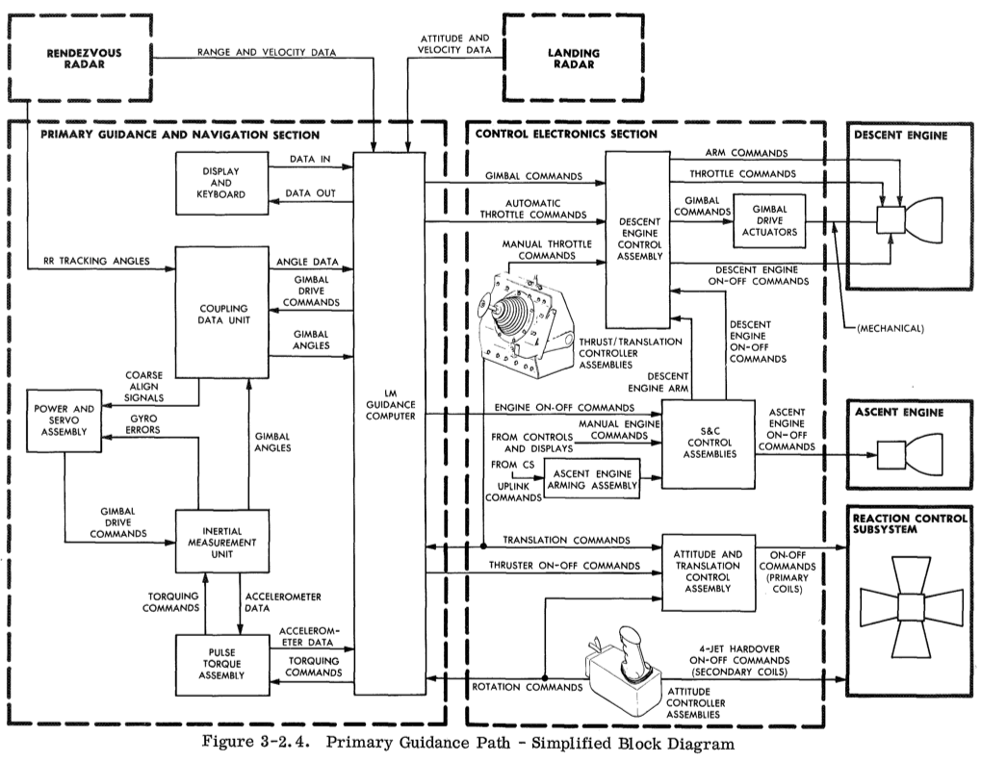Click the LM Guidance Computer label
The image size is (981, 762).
click(390, 409)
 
